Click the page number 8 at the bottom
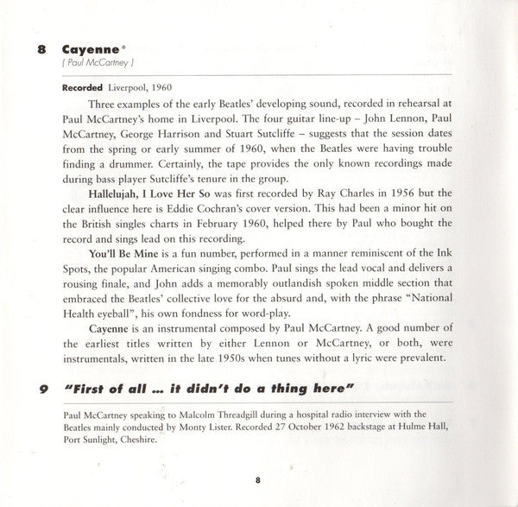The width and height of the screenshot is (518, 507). click(x=258, y=479)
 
